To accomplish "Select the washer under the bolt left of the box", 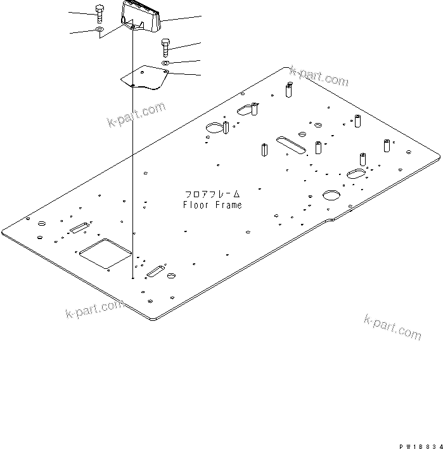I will coord(100,29).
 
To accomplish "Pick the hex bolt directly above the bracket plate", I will coord(165,46).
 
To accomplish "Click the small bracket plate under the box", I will coord(145,77).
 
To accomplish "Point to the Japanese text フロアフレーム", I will coord(213,193).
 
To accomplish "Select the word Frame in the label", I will coord(228,205).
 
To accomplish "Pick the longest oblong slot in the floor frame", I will coord(291,143).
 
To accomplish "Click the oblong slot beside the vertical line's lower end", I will coord(155,273).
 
